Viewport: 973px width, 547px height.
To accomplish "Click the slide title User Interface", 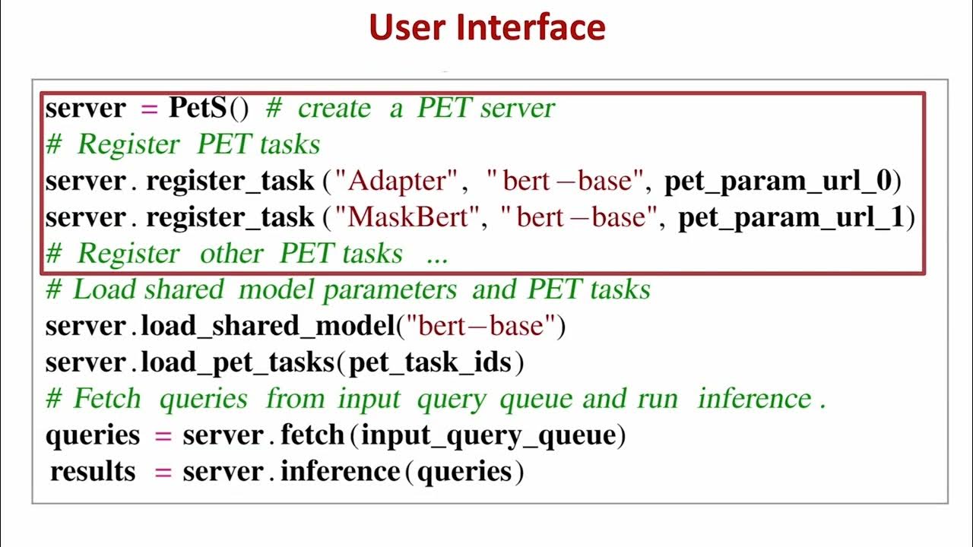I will coord(486,28).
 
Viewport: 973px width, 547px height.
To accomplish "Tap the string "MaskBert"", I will coord(409,217).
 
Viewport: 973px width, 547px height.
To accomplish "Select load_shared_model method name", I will coord(268,326).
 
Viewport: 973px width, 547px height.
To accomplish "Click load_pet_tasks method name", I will coord(238,362).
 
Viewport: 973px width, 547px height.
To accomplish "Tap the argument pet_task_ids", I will coord(429,362).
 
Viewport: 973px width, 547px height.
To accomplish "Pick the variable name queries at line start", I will coord(93,435).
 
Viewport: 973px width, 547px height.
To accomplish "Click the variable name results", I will coord(93,472).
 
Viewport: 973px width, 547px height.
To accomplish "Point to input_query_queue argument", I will coord(487,435).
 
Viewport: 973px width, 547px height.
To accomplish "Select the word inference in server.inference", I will coord(340,472).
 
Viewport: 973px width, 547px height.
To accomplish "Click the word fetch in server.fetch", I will coord(312,435).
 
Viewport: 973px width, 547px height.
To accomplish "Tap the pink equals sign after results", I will coord(163,472).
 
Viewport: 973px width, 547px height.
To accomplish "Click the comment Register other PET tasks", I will coord(247,254).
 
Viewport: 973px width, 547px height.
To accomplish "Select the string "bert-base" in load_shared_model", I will coord(486,326).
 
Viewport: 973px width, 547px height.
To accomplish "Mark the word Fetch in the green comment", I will coord(106,399).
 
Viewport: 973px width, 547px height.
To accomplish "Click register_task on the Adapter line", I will coord(230,181).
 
